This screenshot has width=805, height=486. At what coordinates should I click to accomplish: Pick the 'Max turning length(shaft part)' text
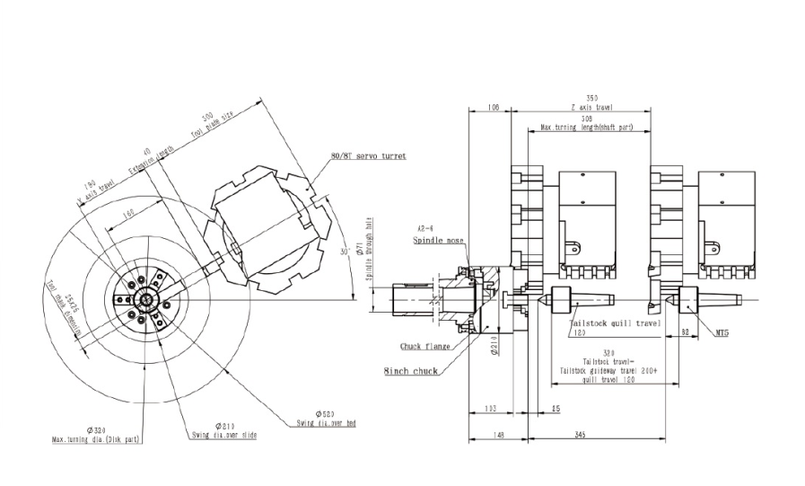pos(586,128)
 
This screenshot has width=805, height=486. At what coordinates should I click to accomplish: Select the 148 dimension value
pos(498,435)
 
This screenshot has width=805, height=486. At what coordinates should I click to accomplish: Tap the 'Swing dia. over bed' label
pos(329,422)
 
